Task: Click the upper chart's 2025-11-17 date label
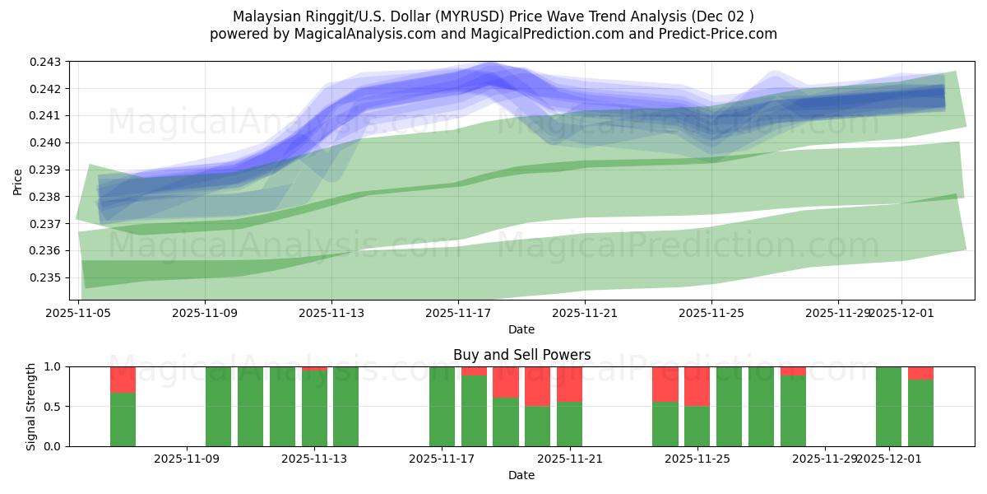click(457, 313)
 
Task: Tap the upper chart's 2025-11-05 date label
click(78, 313)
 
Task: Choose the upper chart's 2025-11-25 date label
click(711, 313)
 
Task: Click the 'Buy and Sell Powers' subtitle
click(521, 355)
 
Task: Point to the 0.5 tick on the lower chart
click(53, 407)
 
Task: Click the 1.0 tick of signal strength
click(53, 366)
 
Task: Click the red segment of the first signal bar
click(123, 380)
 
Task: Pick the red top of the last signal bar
click(920, 373)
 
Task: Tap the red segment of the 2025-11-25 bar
click(697, 386)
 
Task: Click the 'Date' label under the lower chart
click(521, 475)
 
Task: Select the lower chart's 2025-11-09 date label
click(187, 459)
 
